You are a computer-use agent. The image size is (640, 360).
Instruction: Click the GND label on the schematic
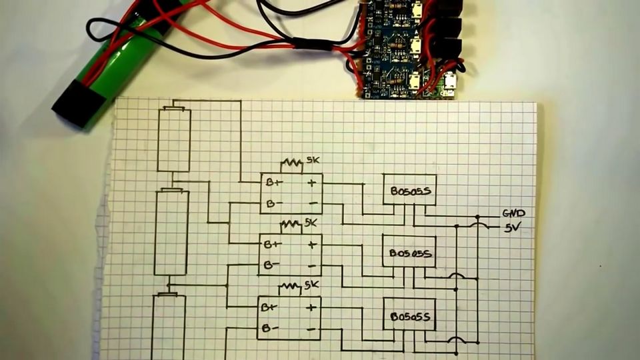point(513,213)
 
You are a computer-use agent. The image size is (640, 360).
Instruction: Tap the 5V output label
point(513,227)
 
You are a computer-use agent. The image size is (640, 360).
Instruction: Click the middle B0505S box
point(409,253)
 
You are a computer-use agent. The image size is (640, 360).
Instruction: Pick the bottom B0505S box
point(409,315)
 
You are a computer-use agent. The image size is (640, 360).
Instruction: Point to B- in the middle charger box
point(271,265)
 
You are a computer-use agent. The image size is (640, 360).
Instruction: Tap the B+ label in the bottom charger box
point(268,307)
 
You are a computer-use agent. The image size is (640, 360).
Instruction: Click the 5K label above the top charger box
point(313,161)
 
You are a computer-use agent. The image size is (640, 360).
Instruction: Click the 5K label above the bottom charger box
point(312,285)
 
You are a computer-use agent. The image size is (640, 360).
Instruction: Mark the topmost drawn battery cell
point(174,139)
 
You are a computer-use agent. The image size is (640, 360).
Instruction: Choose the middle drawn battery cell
point(171,232)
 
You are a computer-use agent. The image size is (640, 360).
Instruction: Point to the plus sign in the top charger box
point(311,182)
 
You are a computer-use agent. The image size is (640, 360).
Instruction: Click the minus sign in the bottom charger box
point(311,329)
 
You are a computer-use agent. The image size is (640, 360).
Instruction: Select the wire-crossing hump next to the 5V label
point(477,227)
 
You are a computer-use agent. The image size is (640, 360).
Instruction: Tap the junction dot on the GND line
point(478,217)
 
